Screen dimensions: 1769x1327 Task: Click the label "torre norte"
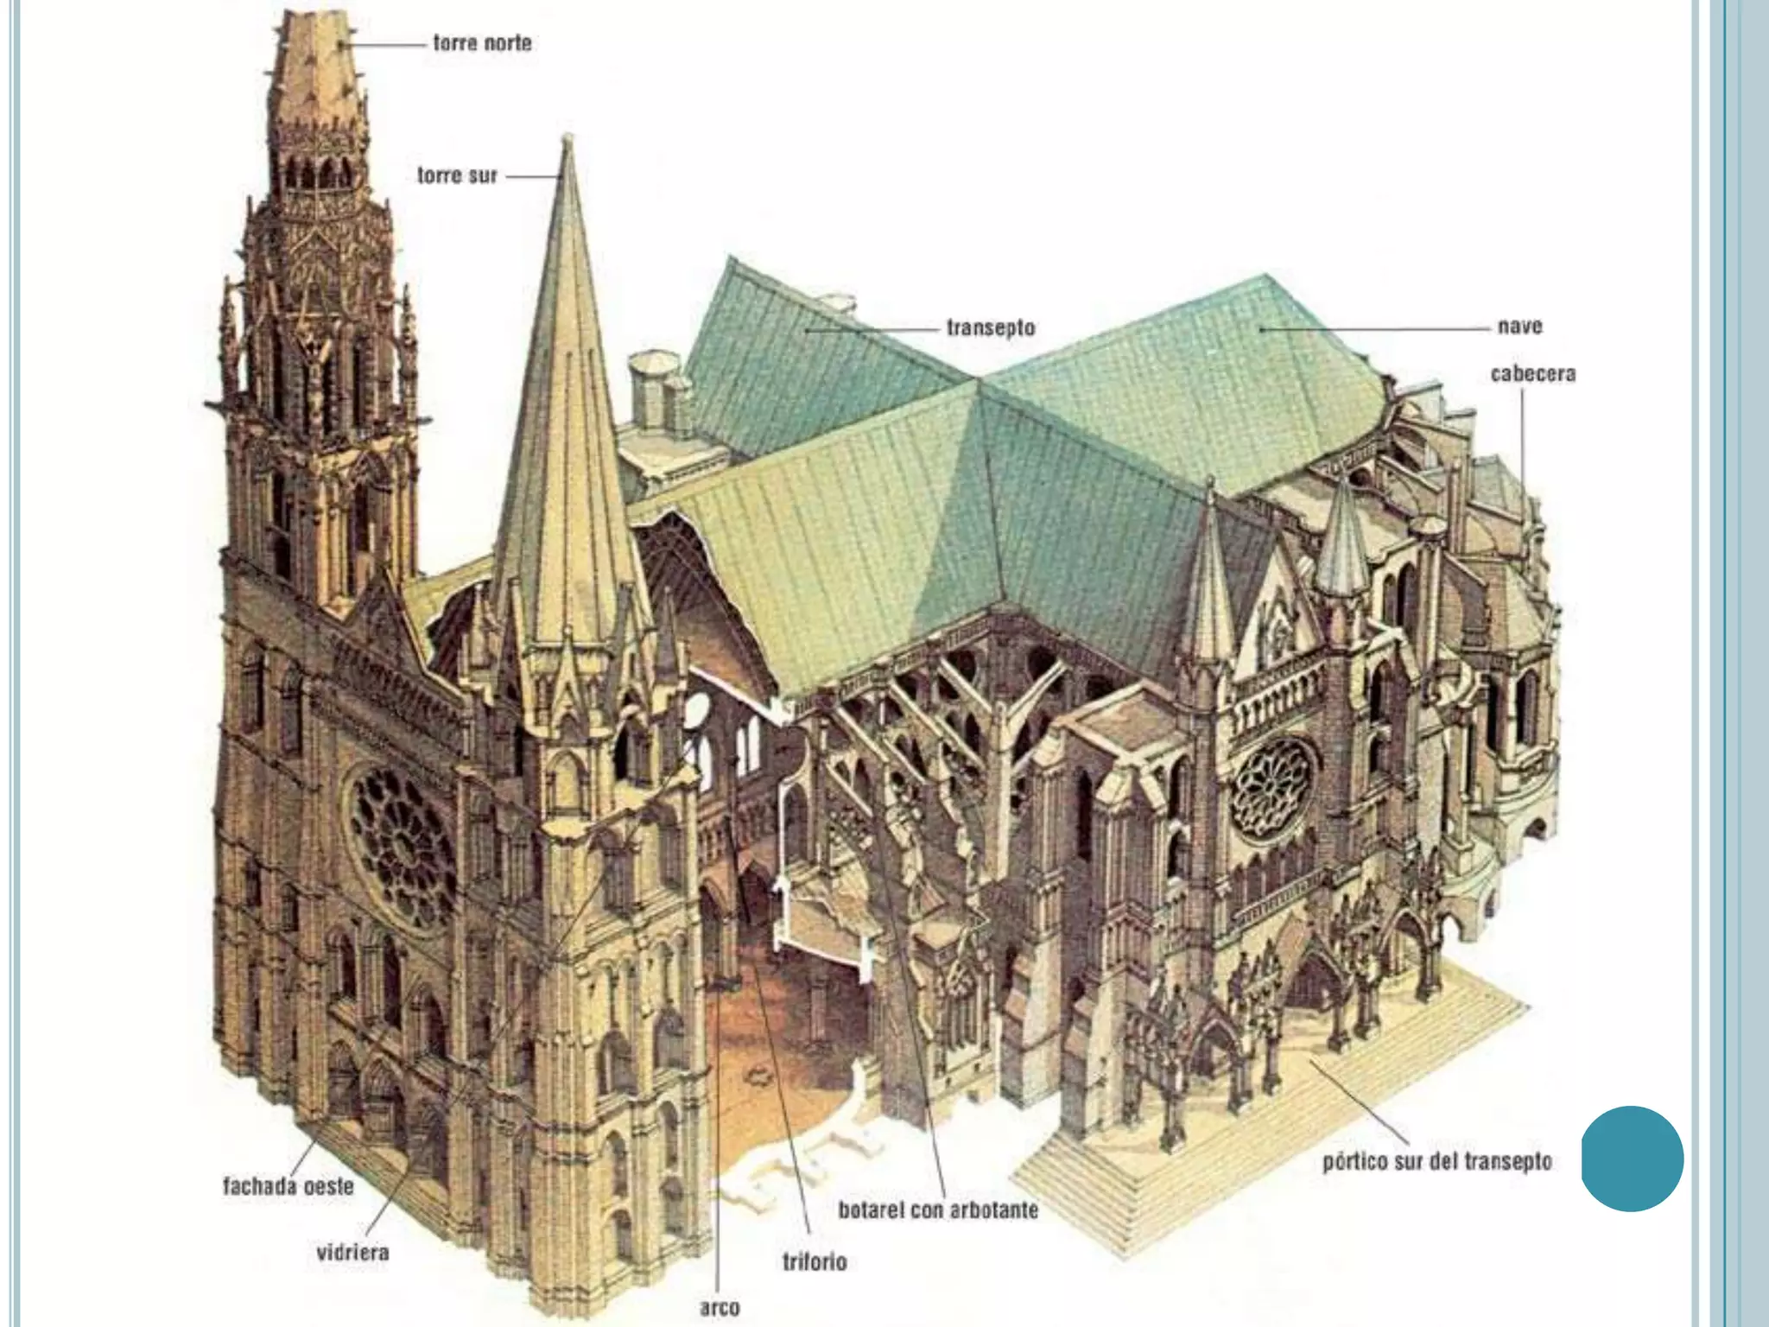pyautogui.click(x=482, y=42)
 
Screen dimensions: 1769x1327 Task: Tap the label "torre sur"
pyautogui.click(x=457, y=176)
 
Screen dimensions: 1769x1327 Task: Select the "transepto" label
pyautogui.click(x=990, y=328)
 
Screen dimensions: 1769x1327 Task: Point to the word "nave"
pyautogui.click(x=1519, y=327)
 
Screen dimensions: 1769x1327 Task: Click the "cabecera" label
pyautogui.click(x=1533, y=374)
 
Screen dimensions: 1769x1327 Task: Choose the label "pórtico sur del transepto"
pyautogui.click(x=1436, y=1162)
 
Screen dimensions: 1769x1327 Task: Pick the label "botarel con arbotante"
pyautogui.click(x=938, y=1210)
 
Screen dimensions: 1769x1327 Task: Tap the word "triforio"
pyautogui.click(x=815, y=1262)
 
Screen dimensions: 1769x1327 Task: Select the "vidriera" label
pyautogui.click(x=352, y=1252)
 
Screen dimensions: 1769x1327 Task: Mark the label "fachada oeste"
pyautogui.click(x=288, y=1186)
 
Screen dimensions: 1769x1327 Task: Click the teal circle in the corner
pyautogui.click(x=1632, y=1158)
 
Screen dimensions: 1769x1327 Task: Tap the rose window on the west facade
pyautogui.click(x=403, y=848)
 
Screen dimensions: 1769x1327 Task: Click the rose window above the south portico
pyautogui.click(x=1274, y=787)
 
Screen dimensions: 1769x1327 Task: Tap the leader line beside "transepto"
pyautogui.click(x=872, y=329)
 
